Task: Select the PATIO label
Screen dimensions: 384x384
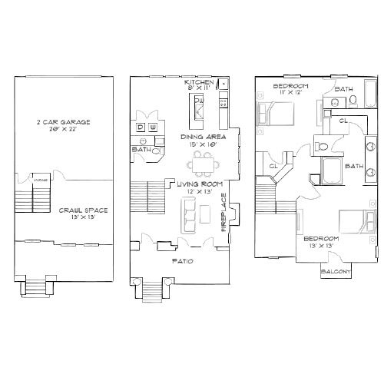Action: [x=181, y=261]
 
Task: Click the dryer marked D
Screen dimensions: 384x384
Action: [x=141, y=126]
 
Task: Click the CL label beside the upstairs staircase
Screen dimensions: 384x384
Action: [x=273, y=164]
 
